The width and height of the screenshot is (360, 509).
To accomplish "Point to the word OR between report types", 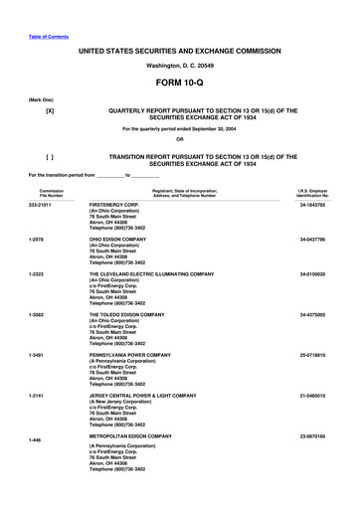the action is coord(180,138).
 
